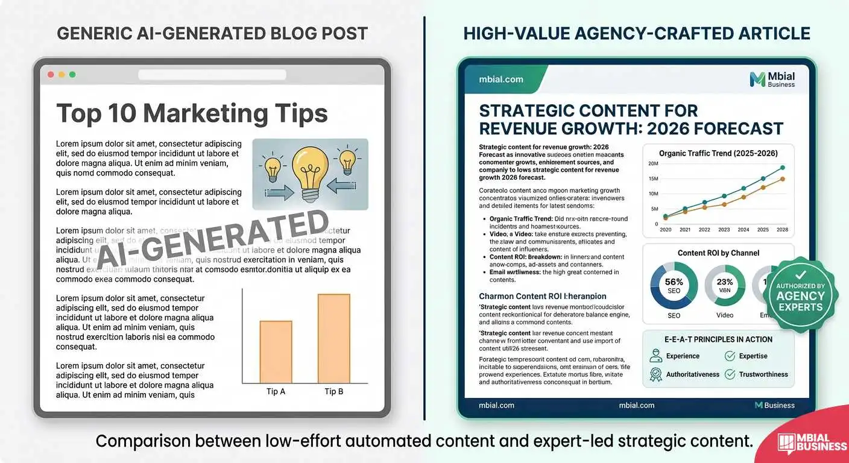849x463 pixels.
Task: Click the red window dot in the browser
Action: pyautogui.click(x=51, y=75)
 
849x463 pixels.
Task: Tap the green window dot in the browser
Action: pyautogui.click(x=72, y=75)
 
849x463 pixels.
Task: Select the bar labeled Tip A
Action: pyautogui.click(x=276, y=351)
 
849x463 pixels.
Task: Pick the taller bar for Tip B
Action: pyautogui.click(x=334, y=338)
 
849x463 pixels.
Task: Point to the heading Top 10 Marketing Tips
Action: pyautogui.click(x=192, y=113)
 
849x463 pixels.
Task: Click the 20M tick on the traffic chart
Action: pyautogui.click(x=653, y=164)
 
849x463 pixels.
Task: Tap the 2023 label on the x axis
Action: pyautogui.click(x=724, y=230)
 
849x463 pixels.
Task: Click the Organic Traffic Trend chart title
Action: pyautogui.click(x=718, y=153)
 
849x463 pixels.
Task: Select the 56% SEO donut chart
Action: pyautogui.click(x=674, y=286)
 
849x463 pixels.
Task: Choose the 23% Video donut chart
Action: pyautogui.click(x=725, y=286)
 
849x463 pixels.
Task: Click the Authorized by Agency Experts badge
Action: pyautogui.click(x=800, y=295)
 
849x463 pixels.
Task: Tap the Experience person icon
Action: pyautogui.click(x=656, y=356)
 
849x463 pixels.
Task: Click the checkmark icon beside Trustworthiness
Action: pyautogui.click(x=730, y=374)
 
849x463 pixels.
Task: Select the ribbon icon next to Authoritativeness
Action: pyautogui.click(x=656, y=374)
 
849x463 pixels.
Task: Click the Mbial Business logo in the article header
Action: pyautogui.click(x=772, y=80)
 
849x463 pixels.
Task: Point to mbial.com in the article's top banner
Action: pyautogui.click(x=500, y=80)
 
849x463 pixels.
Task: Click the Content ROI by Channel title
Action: pyautogui.click(x=718, y=253)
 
